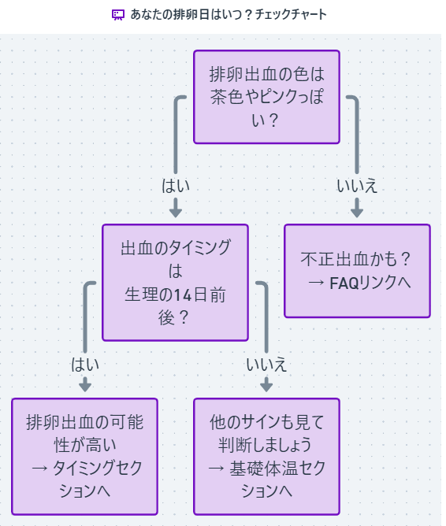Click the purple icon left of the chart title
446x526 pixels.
[x=118, y=15]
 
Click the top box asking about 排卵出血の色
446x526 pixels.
[x=266, y=97]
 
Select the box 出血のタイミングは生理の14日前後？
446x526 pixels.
[x=175, y=283]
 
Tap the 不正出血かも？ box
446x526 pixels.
[x=357, y=271]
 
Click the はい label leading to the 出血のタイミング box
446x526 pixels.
[x=176, y=187]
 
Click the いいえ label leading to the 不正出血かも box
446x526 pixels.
[x=357, y=187]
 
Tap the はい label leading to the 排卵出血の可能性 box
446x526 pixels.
[x=85, y=365]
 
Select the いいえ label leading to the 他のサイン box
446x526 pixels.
[x=266, y=365]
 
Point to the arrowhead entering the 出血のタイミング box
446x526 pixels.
[x=176, y=211]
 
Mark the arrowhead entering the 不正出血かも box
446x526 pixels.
[x=357, y=211]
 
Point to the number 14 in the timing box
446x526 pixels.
[x=183, y=294]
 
